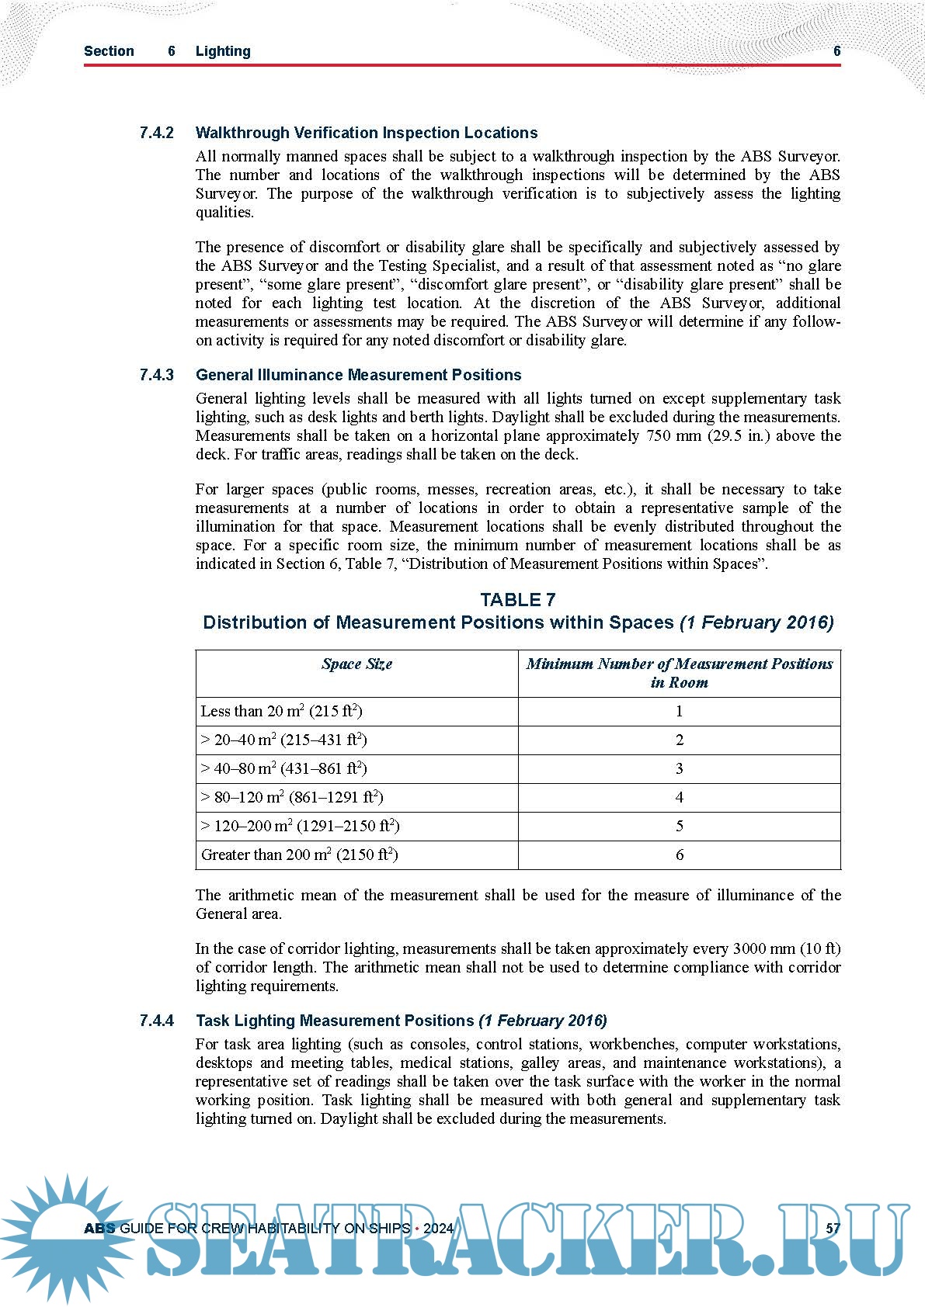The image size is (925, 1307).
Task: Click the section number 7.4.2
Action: tap(156, 133)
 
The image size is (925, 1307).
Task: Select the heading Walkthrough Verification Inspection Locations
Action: tap(367, 133)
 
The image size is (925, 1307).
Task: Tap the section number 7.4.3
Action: tap(156, 375)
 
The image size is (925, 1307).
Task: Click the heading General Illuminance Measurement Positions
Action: tap(358, 375)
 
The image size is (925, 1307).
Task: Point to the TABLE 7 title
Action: tap(518, 599)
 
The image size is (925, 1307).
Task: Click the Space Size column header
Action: tap(356, 664)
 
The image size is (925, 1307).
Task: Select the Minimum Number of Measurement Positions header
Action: tap(679, 673)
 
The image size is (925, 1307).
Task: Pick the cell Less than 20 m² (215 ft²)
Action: tap(281, 711)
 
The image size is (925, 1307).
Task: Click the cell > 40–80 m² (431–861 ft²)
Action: tap(283, 768)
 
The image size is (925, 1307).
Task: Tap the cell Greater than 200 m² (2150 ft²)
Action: tap(299, 855)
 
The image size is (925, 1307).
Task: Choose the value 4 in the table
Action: tap(680, 797)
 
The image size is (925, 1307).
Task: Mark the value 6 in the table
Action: tap(680, 855)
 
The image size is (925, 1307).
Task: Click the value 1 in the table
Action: tap(680, 711)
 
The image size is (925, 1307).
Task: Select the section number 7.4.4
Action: tap(156, 1021)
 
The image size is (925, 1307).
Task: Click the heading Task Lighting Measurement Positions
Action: tap(335, 1021)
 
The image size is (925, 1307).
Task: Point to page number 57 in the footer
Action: tap(833, 1229)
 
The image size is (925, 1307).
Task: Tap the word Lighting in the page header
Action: tap(223, 51)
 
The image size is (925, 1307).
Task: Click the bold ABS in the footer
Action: tap(99, 1229)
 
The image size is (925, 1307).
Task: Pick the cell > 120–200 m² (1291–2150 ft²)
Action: tap(300, 826)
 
